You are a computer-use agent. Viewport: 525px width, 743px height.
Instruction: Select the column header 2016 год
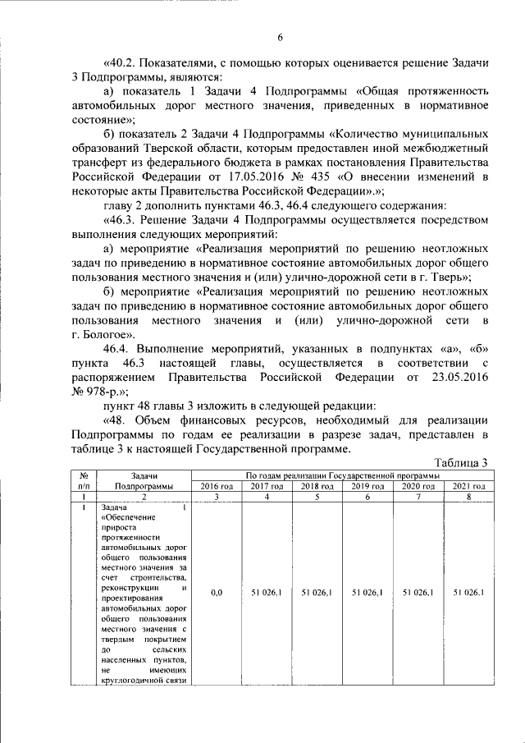coord(217,486)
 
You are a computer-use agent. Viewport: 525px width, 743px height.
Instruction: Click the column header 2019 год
coord(367,486)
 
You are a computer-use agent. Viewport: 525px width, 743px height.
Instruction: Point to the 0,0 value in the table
coord(217,591)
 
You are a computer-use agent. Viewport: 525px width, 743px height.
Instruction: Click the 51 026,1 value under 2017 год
coord(267,591)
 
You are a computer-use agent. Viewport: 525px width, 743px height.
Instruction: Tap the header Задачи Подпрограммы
coord(144,481)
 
